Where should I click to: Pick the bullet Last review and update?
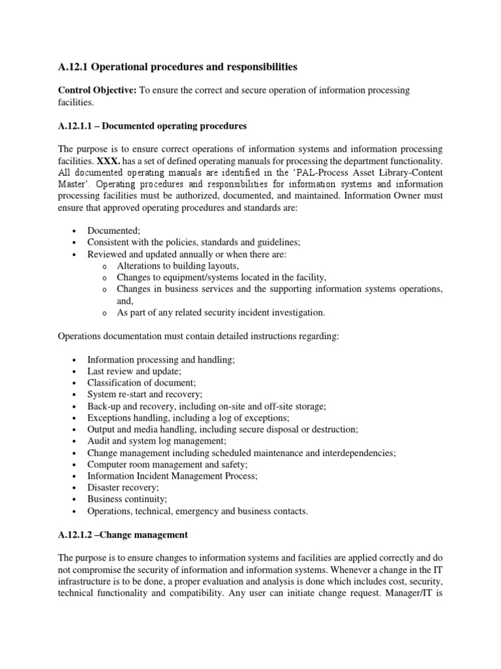pos(134,371)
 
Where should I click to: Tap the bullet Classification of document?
pos(141,383)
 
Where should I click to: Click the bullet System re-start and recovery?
pos(145,395)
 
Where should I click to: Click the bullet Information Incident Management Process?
pos(172,476)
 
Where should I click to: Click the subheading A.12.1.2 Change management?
pos(123,535)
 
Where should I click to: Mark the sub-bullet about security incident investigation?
pos(220,313)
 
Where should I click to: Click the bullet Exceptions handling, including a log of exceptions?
pos(188,417)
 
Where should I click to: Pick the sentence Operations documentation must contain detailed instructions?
pos(198,336)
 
